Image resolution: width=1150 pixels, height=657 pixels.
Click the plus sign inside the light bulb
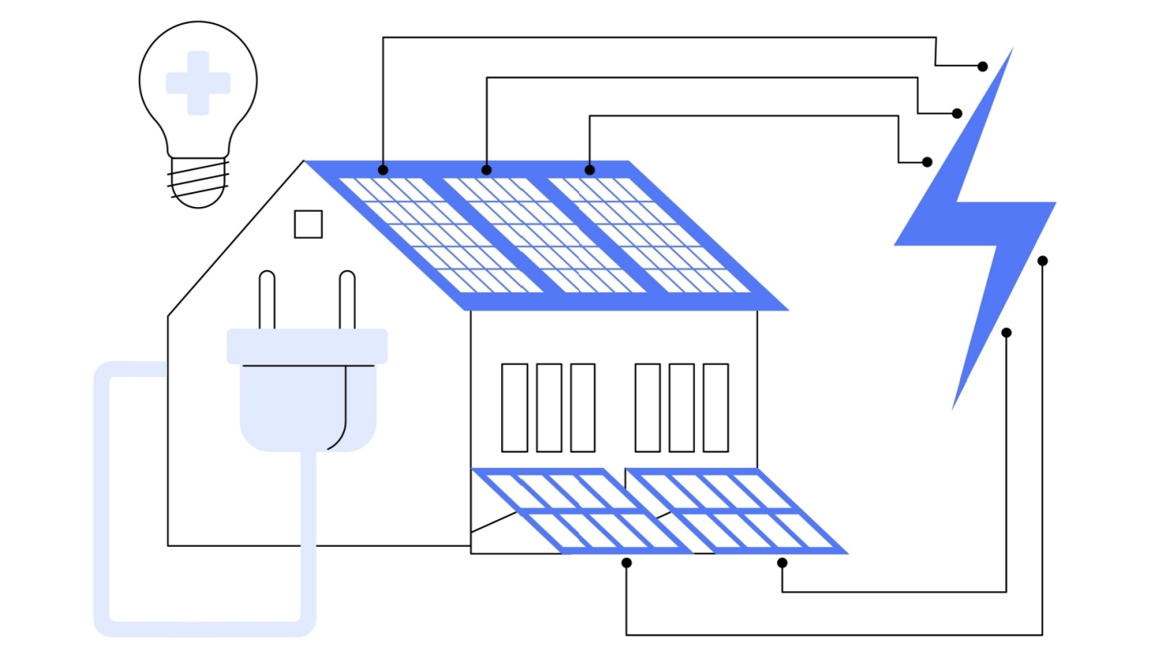(198, 83)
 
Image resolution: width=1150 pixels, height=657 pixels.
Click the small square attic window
(308, 224)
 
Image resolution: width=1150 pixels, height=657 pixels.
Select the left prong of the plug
(267, 301)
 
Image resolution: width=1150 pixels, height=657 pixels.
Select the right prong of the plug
(347, 301)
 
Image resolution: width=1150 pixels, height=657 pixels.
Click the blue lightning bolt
(977, 222)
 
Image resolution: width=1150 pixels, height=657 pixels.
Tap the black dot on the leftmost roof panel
(383, 170)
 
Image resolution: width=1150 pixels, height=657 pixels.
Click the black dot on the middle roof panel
(486, 170)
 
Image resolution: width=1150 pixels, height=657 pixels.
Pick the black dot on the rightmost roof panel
(590, 170)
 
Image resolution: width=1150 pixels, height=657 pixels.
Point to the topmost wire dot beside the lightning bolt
(982, 66)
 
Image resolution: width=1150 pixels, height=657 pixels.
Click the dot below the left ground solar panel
(627, 563)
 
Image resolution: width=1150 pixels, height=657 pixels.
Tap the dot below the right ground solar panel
(782, 563)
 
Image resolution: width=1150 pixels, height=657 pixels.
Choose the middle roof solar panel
(541, 235)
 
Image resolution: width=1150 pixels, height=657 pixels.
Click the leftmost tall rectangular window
(514, 407)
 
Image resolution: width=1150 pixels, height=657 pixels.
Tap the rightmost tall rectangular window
(715, 407)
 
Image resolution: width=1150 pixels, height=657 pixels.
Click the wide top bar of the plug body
(306, 346)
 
